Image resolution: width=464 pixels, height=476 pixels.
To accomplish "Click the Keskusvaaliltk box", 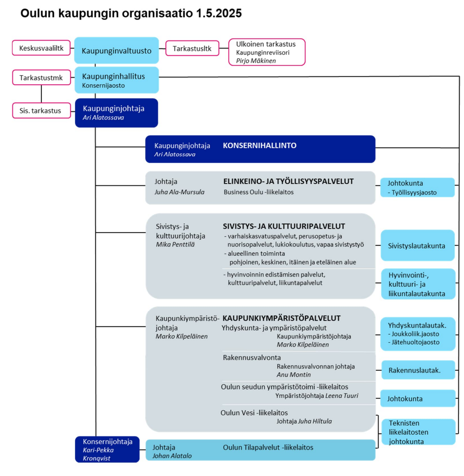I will tap(41, 49).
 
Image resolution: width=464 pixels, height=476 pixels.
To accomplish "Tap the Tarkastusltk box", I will tap(192, 49).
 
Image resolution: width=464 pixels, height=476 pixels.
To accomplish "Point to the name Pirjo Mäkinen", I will tap(256, 61).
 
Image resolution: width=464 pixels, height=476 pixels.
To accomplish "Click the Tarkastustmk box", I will tap(41, 78).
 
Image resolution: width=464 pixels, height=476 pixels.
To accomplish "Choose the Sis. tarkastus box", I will tap(41, 110).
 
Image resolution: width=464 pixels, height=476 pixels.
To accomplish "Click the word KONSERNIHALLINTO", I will tap(259, 146).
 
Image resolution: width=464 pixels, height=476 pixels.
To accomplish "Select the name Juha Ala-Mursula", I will tap(180, 192).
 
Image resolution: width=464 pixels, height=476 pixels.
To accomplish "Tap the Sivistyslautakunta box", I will tap(418, 246).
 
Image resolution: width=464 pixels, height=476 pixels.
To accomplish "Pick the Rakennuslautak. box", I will tap(418, 370).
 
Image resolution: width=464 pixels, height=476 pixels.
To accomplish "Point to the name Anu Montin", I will tap(294, 375).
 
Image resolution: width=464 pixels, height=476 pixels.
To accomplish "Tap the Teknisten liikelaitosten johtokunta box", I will tap(418, 432).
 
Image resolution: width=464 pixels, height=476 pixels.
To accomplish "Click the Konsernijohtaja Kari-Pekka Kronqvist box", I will tap(107, 449).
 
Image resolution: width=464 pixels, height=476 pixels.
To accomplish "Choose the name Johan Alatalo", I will tap(172, 456).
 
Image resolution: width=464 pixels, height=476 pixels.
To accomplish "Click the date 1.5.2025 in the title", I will tap(218, 13).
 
